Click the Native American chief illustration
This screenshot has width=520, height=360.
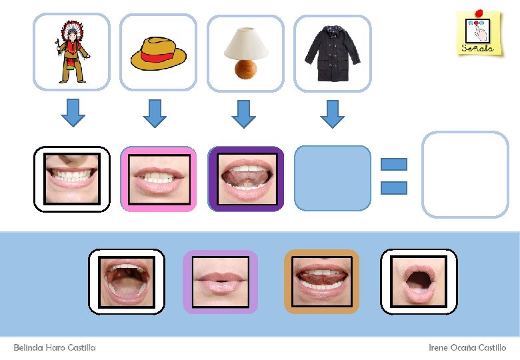click(70, 52)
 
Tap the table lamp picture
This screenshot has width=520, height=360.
click(245, 52)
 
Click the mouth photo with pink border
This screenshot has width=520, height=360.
click(158, 179)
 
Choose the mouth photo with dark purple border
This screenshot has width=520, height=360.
click(245, 179)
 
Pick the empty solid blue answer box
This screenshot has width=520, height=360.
click(332, 179)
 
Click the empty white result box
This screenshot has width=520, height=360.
click(465, 175)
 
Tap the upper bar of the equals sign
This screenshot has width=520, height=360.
click(393, 164)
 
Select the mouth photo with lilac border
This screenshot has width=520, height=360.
click(220, 281)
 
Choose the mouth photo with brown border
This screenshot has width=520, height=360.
click(321, 281)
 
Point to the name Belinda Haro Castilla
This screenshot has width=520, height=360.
click(55, 348)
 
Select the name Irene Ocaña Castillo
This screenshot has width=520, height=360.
click(467, 348)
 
